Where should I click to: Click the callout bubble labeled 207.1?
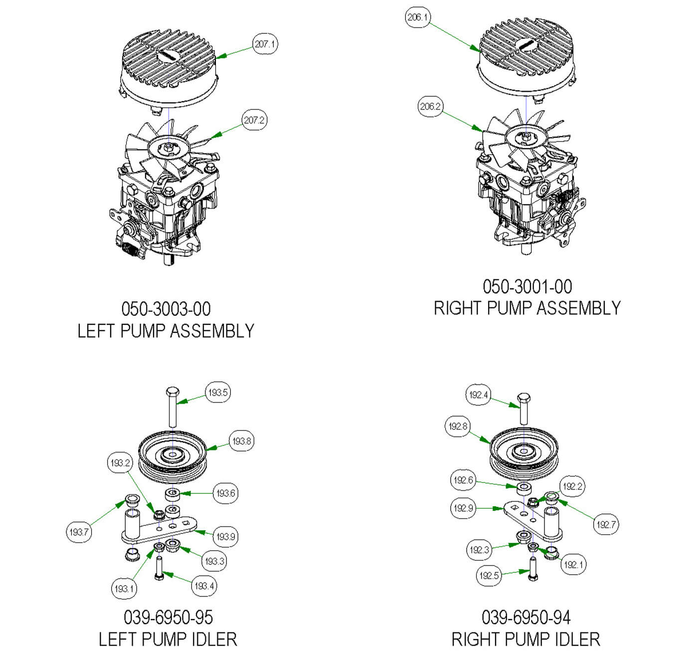265,44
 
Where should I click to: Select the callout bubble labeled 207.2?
254,120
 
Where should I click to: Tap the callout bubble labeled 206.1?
417,17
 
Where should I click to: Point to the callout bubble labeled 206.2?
430,107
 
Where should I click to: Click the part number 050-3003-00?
166,309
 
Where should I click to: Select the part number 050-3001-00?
527,286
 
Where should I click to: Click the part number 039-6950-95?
168,617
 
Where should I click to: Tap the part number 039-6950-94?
526,617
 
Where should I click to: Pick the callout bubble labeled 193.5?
218,393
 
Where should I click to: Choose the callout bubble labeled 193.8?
241,441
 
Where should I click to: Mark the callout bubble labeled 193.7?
79,532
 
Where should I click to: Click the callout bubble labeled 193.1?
124,589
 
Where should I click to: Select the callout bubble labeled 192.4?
478,395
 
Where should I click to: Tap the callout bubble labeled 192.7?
606,524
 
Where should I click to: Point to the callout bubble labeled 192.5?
489,576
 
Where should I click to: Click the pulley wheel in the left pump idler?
172,456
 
